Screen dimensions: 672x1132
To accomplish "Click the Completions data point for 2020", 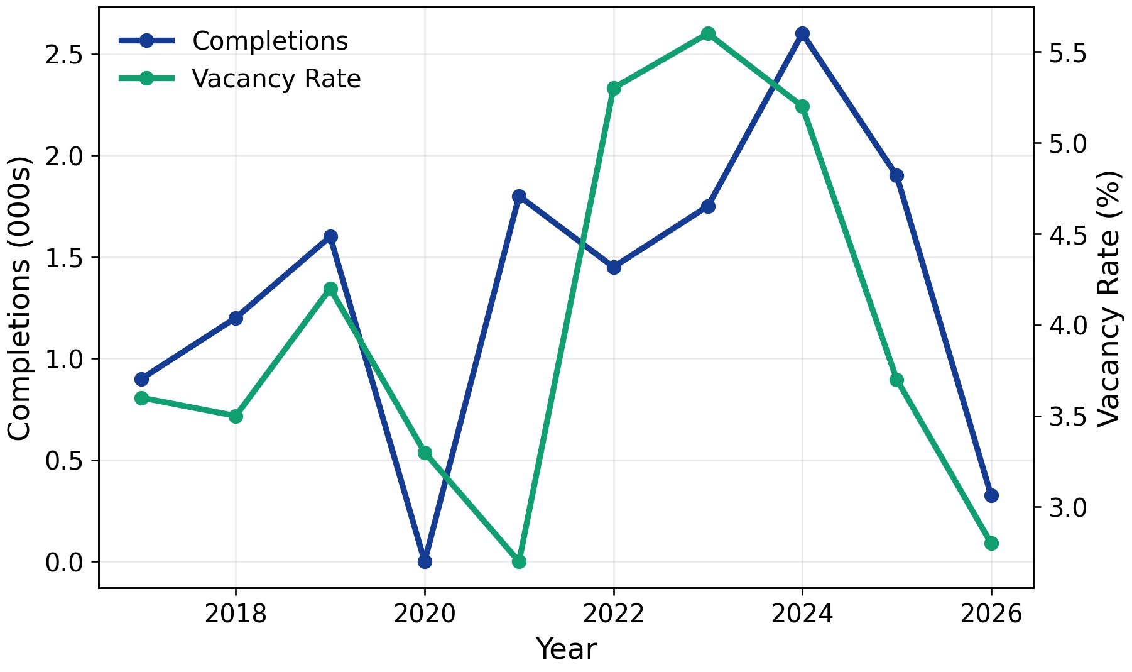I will (x=425, y=561).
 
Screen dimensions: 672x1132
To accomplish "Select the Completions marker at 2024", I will (x=802, y=33).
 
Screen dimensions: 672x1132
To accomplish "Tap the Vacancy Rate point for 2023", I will (x=708, y=33).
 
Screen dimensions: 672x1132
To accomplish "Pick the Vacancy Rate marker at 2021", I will (x=519, y=561).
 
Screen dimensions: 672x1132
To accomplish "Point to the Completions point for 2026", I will (x=991, y=495).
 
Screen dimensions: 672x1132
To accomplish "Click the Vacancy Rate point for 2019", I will (x=330, y=289).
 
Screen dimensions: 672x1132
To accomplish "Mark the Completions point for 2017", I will (x=141, y=379).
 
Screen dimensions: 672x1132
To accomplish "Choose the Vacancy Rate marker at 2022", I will (x=614, y=88).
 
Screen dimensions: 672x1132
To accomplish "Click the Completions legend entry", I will (x=269, y=41).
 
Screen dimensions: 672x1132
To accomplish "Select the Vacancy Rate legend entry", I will (x=276, y=79).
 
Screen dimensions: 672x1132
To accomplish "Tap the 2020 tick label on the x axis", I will (x=425, y=614).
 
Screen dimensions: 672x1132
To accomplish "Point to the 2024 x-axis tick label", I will (x=802, y=614).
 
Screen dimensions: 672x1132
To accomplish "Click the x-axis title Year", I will (x=566, y=649).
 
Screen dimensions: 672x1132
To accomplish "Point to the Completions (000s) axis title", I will (x=19, y=298).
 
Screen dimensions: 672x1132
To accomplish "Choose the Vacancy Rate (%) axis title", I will (x=1109, y=298).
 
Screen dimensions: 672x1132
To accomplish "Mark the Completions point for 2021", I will (x=519, y=196).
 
